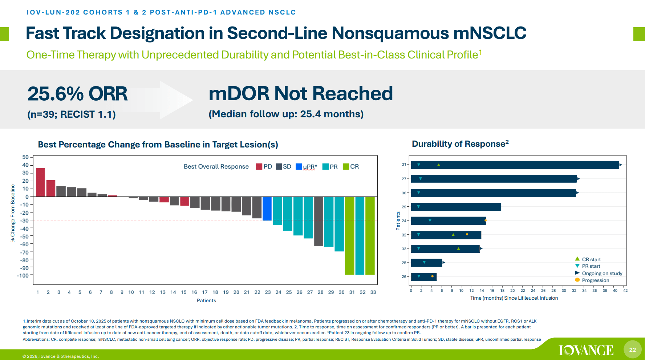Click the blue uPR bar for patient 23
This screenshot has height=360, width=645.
point(267,209)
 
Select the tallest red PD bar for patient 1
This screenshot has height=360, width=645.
point(40,182)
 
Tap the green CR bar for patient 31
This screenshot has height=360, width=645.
point(349,236)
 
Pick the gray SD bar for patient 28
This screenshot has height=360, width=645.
point(319,221)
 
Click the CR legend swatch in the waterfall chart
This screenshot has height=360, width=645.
point(346,166)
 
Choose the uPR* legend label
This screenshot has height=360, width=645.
point(310,167)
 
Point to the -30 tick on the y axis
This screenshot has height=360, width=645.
point(25,221)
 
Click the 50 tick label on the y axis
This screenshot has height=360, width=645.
point(25,157)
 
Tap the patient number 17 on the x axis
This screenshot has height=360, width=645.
point(205,292)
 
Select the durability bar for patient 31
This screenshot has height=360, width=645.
point(515,165)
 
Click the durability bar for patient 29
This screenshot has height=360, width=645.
point(456,207)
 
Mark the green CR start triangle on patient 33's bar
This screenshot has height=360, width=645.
point(458,248)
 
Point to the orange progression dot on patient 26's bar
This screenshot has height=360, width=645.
point(432,276)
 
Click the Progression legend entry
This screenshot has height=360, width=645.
point(595,280)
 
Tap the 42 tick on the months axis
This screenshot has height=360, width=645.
point(625,291)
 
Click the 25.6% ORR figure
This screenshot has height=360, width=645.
point(77,94)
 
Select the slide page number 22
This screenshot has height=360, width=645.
point(633,349)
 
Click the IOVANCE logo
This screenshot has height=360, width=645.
point(586,350)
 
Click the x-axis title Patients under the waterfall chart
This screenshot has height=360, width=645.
point(206,300)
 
